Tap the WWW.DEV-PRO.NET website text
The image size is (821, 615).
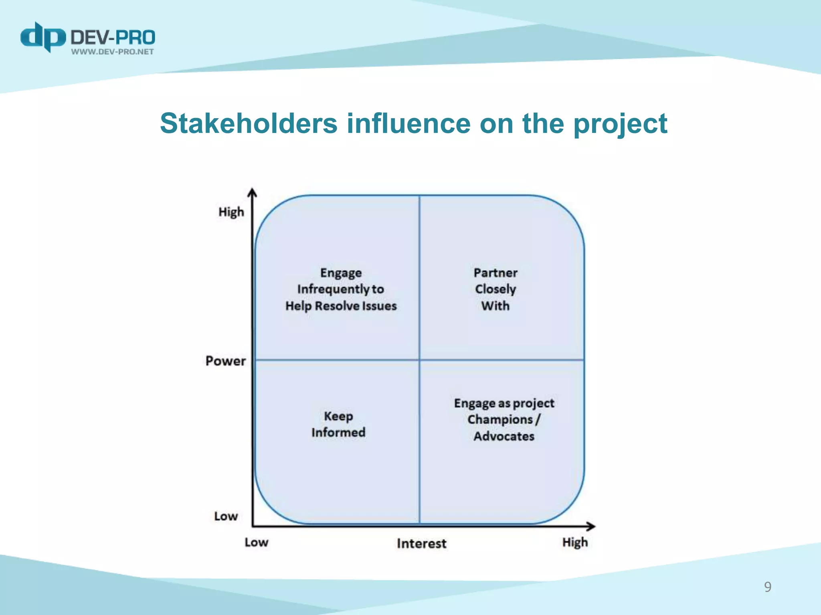coord(112,52)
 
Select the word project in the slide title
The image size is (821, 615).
coord(620,124)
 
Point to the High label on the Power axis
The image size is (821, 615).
coord(231,212)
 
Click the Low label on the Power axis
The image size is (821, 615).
coord(226,516)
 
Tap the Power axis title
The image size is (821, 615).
coord(225,361)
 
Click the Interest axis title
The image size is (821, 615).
coord(421,543)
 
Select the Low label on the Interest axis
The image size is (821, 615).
coord(257,543)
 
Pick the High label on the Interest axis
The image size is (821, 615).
coord(575,543)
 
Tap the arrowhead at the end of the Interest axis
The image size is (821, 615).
coord(591,526)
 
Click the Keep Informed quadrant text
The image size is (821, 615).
coord(338,424)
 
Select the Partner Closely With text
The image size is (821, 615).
coord(495,289)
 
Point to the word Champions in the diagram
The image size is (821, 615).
coord(499,420)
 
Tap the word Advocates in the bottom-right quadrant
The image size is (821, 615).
coord(504,436)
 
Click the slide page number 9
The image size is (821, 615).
coord(767,587)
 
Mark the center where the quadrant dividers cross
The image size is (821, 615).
coord(419,360)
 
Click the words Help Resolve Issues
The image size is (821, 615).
coord(341,306)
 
